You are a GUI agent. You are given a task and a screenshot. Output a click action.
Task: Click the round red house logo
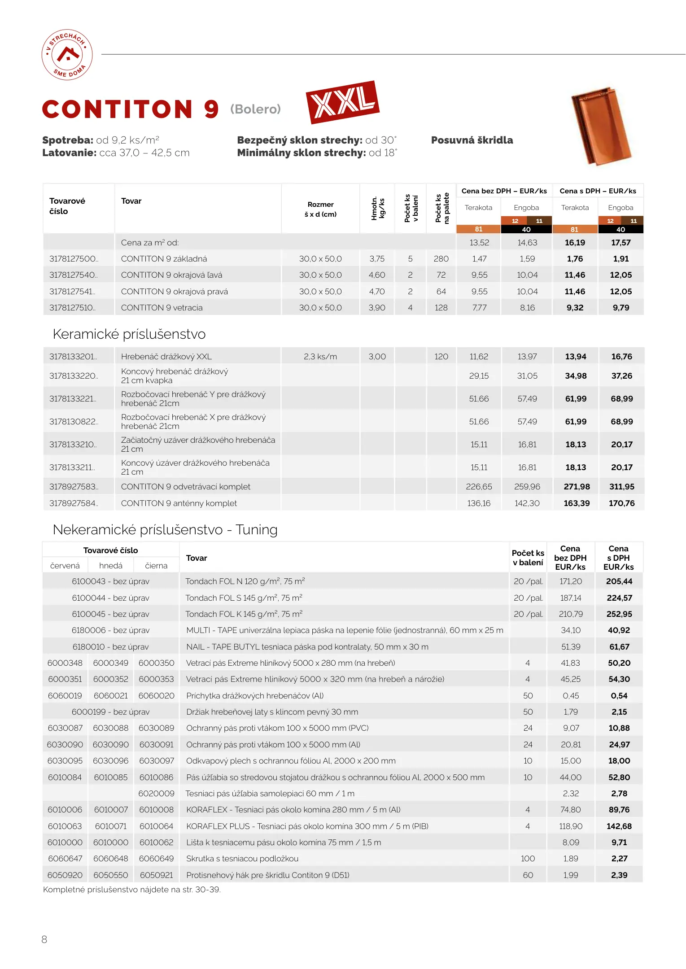click(67, 55)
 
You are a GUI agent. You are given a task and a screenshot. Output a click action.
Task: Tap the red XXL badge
click(342, 102)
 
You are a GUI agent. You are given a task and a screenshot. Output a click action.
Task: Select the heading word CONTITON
click(118, 109)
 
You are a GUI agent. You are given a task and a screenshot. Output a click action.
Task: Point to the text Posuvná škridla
click(472, 140)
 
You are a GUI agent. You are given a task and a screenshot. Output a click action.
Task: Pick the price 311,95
click(621, 487)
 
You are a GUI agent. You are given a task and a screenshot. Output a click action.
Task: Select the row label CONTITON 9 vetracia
click(162, 308)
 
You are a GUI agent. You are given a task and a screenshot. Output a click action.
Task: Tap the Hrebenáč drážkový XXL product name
click(166, 357)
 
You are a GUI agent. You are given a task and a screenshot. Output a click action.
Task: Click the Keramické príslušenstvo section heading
click(129, 334)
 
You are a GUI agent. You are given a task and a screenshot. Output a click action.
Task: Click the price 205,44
click(619, 581)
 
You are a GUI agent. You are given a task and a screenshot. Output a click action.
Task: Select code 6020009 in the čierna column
click(156, 794)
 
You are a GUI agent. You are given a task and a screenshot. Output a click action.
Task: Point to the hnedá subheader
click(111, 566)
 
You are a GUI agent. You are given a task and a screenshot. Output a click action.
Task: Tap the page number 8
click(44, 939)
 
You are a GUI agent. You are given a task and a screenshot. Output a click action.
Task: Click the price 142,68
click(619, 826)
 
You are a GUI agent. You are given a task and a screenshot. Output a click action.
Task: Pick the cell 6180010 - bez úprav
click(110, 647)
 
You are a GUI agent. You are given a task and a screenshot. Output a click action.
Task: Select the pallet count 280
click(441, 259)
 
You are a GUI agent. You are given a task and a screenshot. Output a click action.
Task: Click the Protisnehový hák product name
click(267, 875)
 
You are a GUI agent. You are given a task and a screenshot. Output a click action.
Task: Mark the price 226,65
click(479, 487)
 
